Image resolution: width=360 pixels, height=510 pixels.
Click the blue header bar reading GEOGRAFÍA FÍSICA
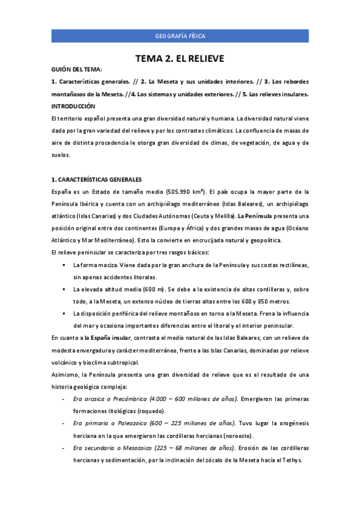(180, 36)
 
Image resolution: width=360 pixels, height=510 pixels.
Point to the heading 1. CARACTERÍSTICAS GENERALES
(97, 179)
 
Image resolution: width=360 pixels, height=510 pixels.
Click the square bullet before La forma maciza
(64, 265)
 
